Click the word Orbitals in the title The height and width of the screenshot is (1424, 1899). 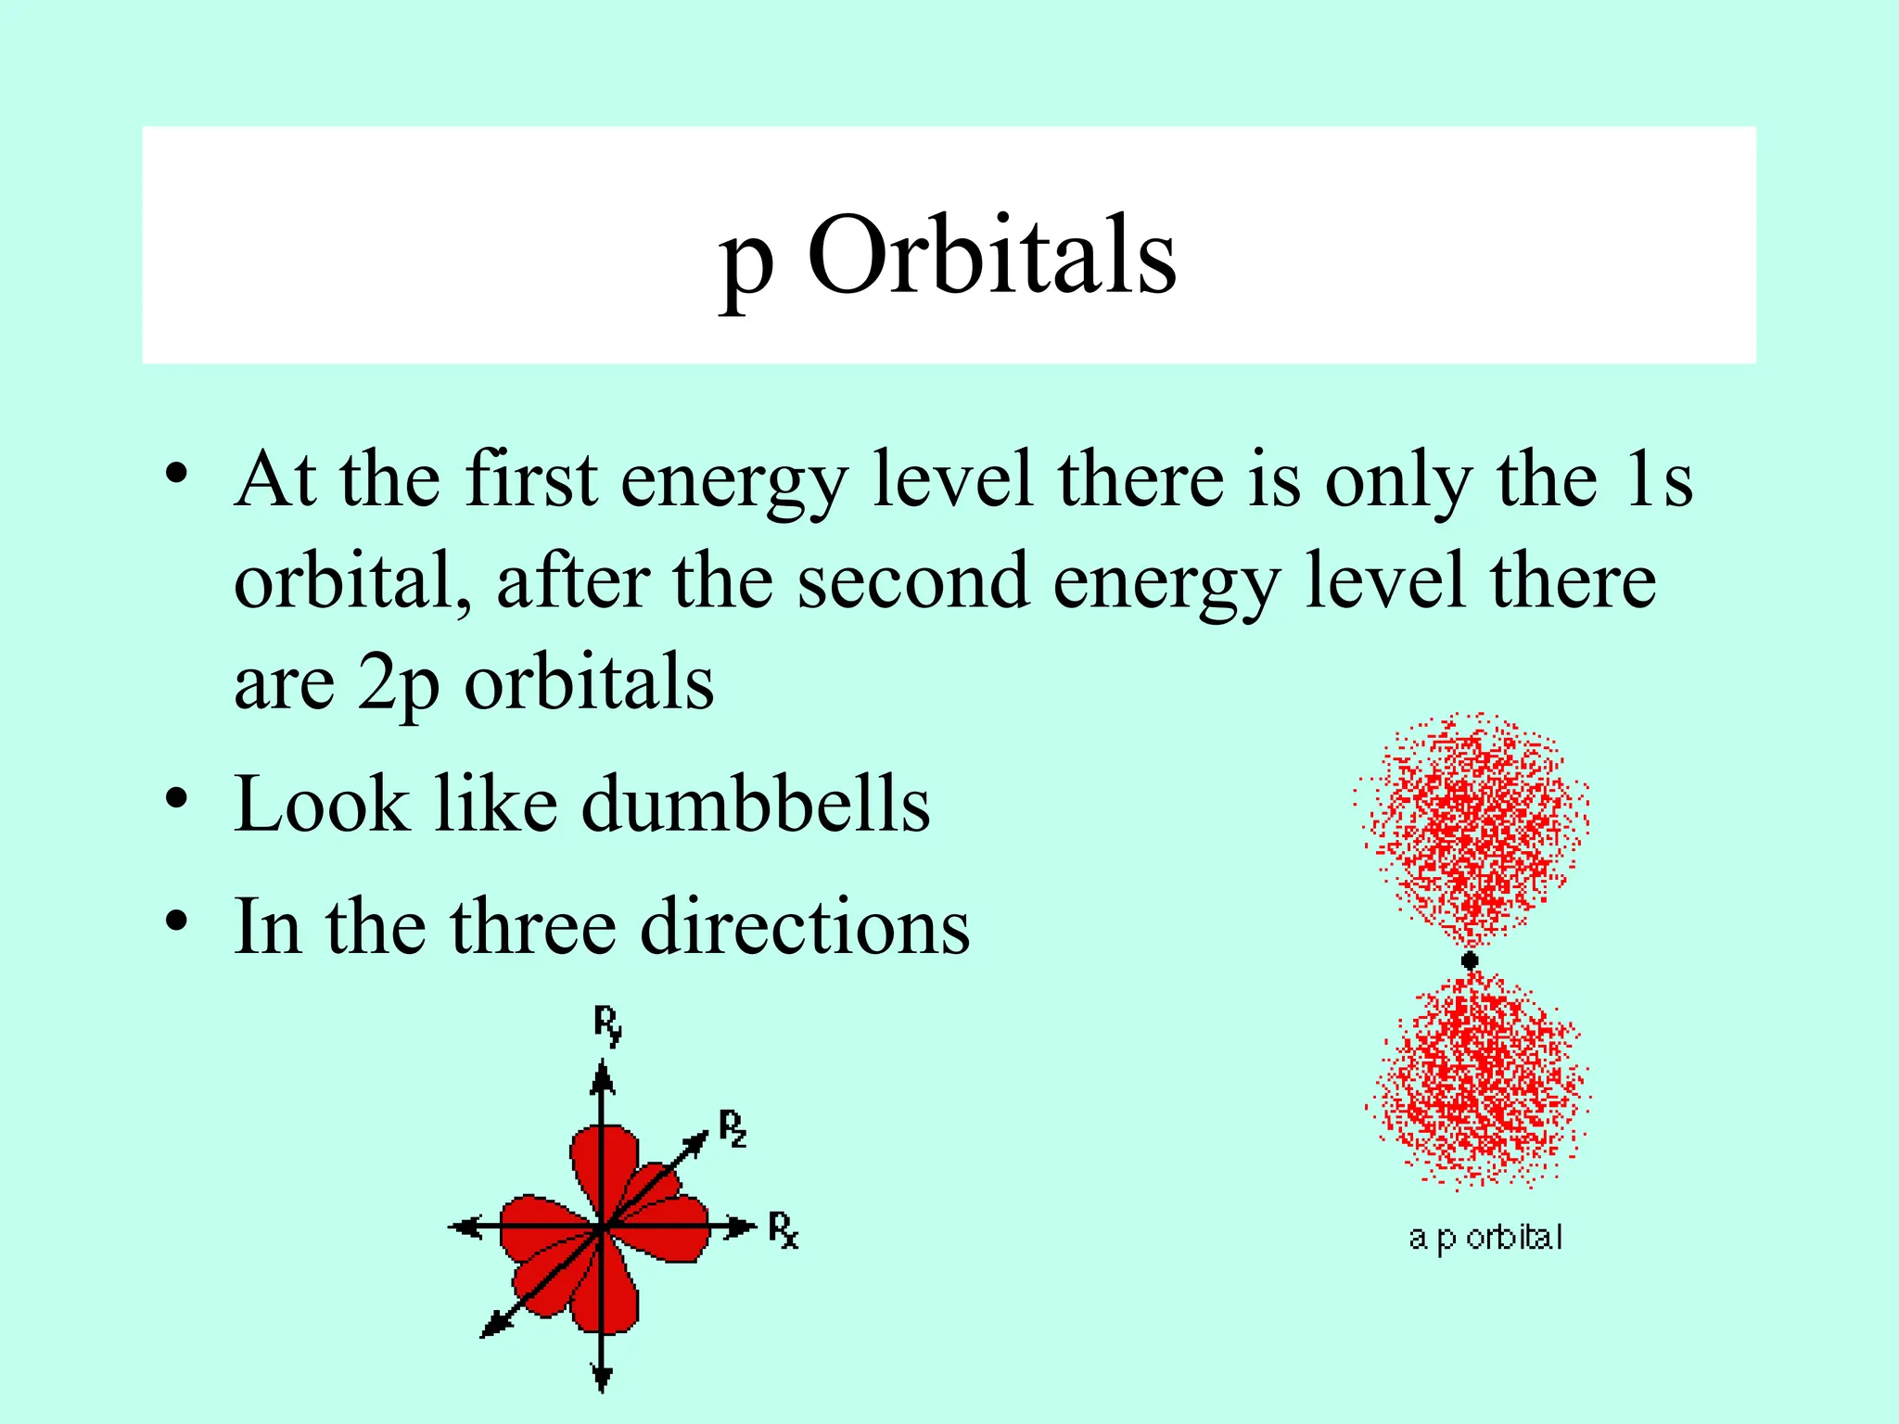[991, 255]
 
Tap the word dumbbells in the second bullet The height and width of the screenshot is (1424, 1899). [755, 804]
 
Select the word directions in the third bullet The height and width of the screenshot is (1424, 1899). [805, 926]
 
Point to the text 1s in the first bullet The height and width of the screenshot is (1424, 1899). [1659, 479]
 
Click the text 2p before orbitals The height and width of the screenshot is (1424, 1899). [398, 683]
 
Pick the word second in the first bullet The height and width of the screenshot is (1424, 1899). [912, 581]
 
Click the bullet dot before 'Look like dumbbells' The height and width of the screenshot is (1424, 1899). [177, 798]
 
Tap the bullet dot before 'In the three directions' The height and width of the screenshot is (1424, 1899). [177, 921]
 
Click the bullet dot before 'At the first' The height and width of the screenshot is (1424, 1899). [177, 474]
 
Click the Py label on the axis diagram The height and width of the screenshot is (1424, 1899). [607, 1025]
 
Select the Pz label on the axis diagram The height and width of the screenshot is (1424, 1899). [733, 1128]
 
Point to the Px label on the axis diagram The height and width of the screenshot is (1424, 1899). [783, 1230]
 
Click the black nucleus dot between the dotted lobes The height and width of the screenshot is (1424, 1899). [1470, 960]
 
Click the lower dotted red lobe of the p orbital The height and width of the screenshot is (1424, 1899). [1478, 1080]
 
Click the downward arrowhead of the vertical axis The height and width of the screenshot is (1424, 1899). [603, 1379]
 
